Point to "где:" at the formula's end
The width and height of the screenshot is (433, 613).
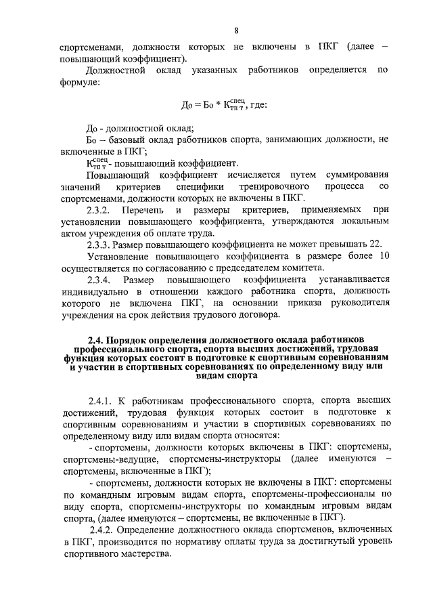pos(258,106)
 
